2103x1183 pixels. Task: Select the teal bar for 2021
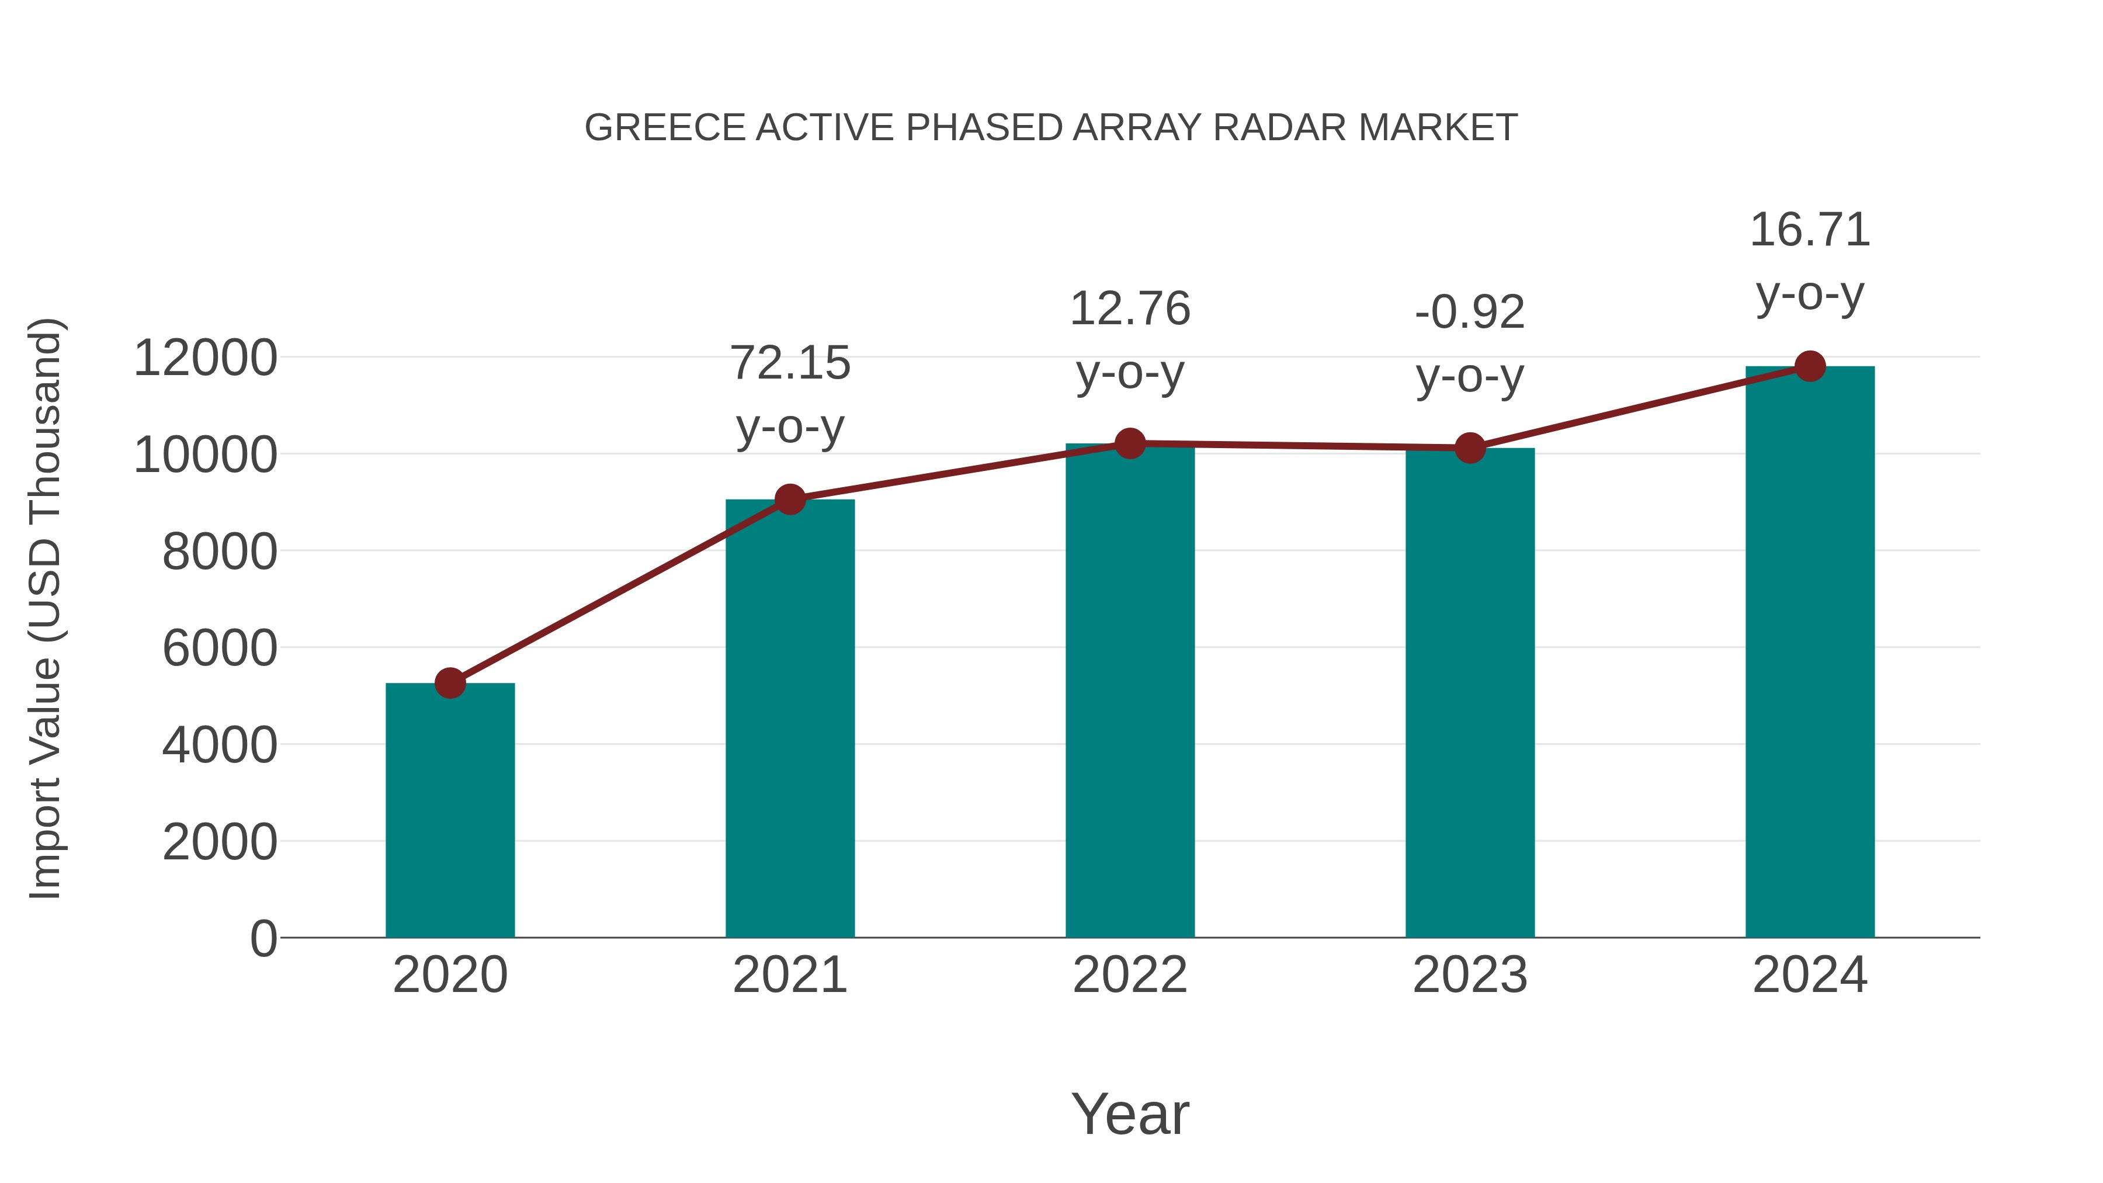(x=789, y=719)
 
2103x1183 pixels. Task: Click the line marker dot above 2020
(x=450, y=682)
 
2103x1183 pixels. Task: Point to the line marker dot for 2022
(x=1130, y=443)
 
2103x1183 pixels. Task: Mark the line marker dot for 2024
(x=1810, y=366)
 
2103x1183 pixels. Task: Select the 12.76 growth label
(x=1130, y=308)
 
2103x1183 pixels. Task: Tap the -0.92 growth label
(x=1470, y=312)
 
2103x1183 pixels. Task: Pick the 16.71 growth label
(x=1810, y=230)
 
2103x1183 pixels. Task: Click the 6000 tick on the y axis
(x=220, y=648)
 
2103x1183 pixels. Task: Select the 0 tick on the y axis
(x=263, y=938)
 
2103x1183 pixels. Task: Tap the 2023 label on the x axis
(x=1470, y=975)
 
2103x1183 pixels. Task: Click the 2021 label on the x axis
(x=789, y=975)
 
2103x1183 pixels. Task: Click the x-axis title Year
(x=1130, y=1113)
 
